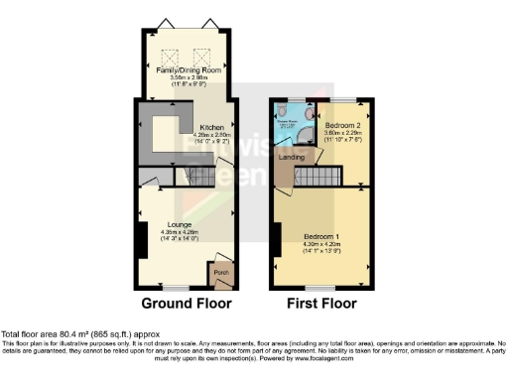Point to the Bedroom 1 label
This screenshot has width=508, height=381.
322,235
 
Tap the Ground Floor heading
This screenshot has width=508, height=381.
187,303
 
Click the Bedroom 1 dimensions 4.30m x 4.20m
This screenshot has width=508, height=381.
322,244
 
